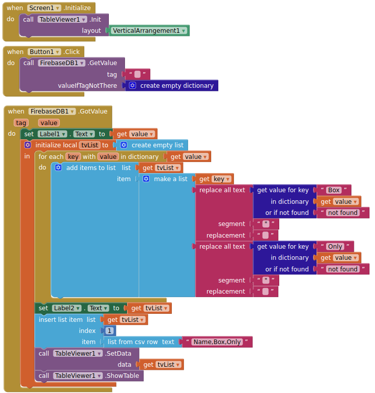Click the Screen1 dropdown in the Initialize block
point(44,8)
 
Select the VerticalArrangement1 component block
point(150,31)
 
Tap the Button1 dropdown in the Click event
point(44,52)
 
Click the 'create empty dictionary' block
point(172,86)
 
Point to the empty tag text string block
point(138,74)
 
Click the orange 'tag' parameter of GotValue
point(21,123)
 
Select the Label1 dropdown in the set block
point(52,134)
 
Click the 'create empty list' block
point(152,145)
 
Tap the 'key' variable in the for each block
point(73,157)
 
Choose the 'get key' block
point(215,179)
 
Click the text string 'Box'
point(334,190)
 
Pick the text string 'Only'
point(335,247)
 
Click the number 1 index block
point(109,331)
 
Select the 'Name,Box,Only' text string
point(217,342)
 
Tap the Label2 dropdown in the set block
point(67,308)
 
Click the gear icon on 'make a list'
point(146,179)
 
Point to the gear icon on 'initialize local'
point(28,145)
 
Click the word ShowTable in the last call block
point(122,375)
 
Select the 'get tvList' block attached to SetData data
point(161,364)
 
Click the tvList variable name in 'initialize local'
point(90,145)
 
